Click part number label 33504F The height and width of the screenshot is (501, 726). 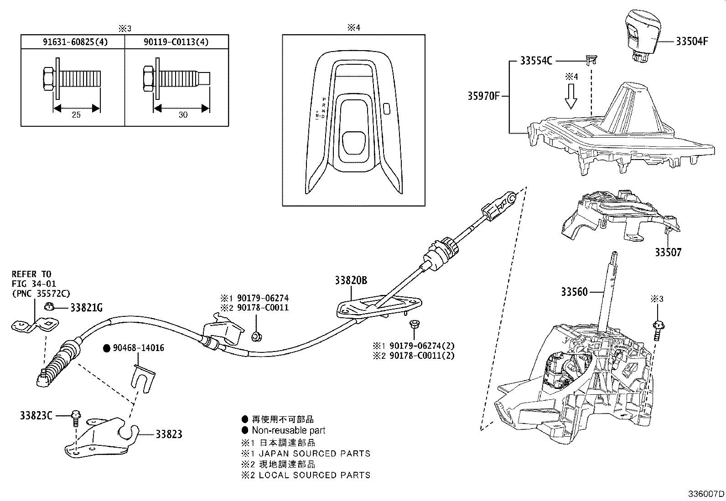coord(692,41)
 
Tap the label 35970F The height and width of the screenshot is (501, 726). coord(483,96)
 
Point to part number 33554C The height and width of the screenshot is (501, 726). coord(536,61)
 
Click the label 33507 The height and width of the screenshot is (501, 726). coord(668,252)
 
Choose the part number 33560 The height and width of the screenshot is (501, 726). coord(574,292)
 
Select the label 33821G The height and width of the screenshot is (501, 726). coord(86,308)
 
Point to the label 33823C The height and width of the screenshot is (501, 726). coord(36,415)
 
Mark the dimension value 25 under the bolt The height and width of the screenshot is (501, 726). coord(76,115)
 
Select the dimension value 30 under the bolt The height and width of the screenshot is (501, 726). coord(182,115)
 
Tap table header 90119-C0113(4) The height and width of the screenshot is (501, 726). coord(176,42)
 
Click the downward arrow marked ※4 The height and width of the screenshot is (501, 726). coord(570,97)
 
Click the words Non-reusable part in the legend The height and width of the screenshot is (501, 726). coord(288,430)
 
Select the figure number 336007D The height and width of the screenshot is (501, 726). coord(706,494)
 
